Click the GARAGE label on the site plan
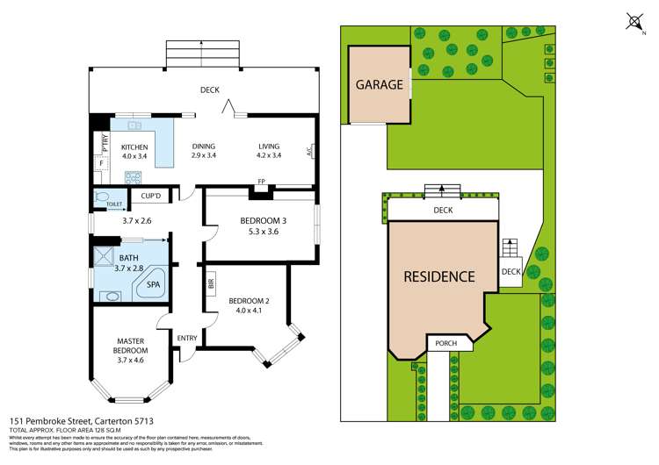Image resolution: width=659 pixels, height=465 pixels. point(380,85)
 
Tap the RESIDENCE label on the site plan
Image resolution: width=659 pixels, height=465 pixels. point(438,276)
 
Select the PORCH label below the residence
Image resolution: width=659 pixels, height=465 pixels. point(442,343)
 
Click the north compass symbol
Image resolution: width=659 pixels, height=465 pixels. point(634,21)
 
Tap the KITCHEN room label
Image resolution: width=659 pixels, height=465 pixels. point(134,147)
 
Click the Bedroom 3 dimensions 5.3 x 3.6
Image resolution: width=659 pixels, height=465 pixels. point(259,232)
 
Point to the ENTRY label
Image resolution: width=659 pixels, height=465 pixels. point(186,338)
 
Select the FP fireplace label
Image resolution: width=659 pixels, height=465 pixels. point(261,182)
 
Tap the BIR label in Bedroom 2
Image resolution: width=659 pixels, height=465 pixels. point(212,283)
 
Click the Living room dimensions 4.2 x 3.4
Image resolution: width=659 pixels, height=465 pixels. point(269,155)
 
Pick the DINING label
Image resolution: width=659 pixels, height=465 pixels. point(204,147)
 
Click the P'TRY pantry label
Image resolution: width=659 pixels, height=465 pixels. point(102,140)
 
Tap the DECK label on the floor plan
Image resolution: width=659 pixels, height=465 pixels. point(209,89)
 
